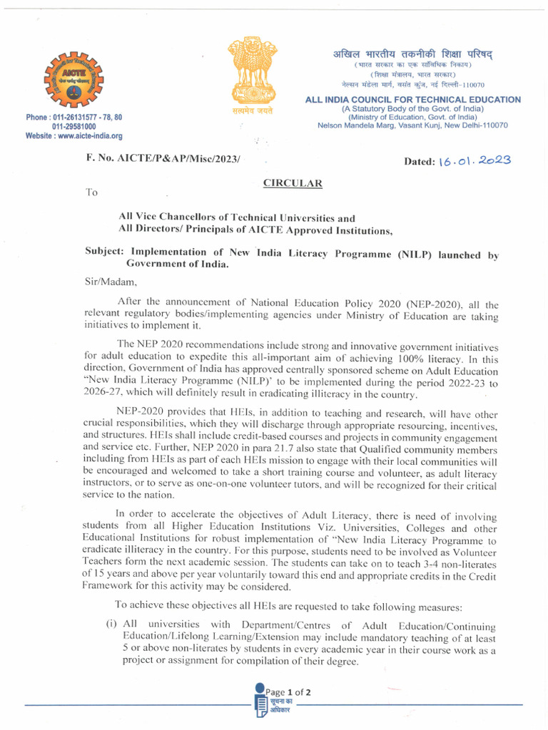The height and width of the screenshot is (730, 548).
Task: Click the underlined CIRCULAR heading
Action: coord(293,183)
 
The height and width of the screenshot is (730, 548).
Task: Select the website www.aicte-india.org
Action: coord(74,135)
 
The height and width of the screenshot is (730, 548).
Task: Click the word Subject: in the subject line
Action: coord(108,253)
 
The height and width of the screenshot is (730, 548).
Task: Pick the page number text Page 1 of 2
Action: coord(288,692)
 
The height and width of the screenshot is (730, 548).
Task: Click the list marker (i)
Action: coord(111,624)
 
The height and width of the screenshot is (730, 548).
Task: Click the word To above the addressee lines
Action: coord(91,192)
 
